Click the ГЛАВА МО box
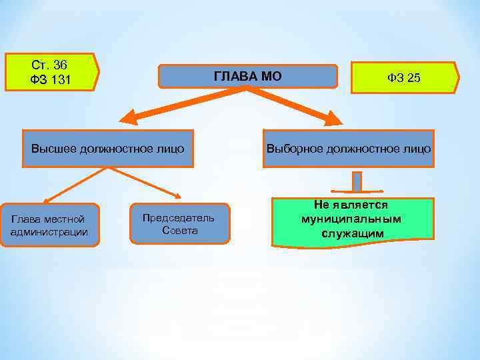tap(247, 77)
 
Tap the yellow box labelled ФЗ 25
tap(405, 78)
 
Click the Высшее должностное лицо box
tap(108, 148)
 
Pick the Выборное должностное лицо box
tap(348, 148)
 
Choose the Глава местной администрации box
tap(49, 225)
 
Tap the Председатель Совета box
tap(179, 224)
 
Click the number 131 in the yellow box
tap(61, 81)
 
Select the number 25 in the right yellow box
tap(413, 79)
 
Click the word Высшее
tap(54, 148)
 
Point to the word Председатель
tap(179, 217)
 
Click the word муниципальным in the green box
tap(352, 219)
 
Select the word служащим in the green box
tap(352, 233)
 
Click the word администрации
tap(49, 232)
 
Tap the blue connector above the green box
tap(357, 182)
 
